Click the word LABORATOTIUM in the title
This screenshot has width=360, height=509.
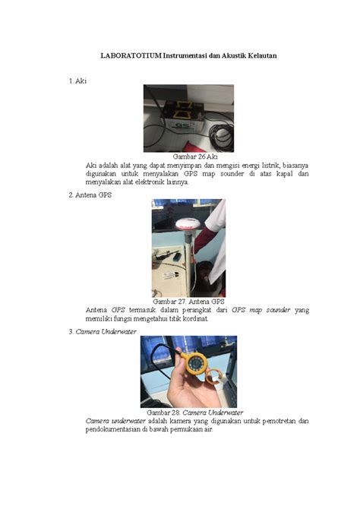(131, 55)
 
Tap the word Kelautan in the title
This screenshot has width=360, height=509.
(261, 55)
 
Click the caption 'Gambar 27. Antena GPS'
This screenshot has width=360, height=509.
(188, 302)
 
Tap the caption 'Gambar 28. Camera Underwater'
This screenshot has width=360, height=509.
(188, 412)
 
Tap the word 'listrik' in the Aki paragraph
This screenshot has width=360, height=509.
(252, 164)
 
